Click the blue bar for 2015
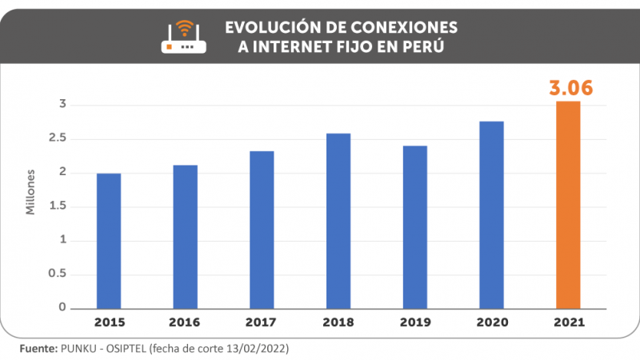(x=108, y=241)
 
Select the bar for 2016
(x=185, y=237)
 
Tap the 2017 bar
(x=261, y=230)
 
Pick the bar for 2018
(x=338, y=221)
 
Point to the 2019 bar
(x=414, y=227)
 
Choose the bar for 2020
(x=491, y=215)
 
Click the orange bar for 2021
(x=568, y=205)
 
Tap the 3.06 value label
(x=570, y=88)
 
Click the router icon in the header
(x=183, y=37)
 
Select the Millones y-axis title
(x=31, y=192)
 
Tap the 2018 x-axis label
(x=338, y=323)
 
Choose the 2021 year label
(x=568, y=323)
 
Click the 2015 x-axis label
(x=108, y=323)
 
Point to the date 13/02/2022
(x=257, y=350)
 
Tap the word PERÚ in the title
(x=422, y=47)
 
